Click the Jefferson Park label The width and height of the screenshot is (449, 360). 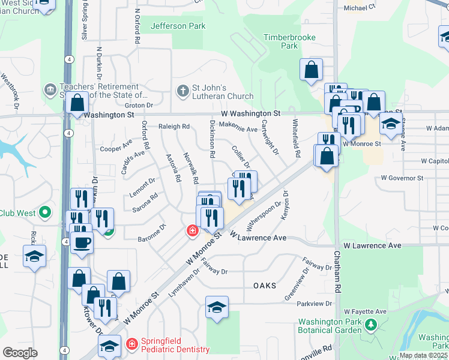pyautogui.click(x=178, y=26)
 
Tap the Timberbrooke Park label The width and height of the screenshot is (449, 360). pyautogui.click(x=281, y=41)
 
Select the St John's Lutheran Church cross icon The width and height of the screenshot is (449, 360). pyautogui.click(x=183, y=91)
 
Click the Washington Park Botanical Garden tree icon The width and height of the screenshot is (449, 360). pyautogui.click(x=371, y=325)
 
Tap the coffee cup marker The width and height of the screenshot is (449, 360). pyautogui.click(x=82, y=242)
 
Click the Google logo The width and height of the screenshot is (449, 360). pyautogui.click(x=20, y=352)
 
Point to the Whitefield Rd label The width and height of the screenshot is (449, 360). pyautogui.click(x=297, y=139)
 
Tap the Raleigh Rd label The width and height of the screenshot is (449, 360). pyautogui.click(x=173, y=127)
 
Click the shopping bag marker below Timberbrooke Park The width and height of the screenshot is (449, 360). pyautogui.click(x=312, y=70)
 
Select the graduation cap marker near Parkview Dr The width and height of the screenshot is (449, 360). pyautogui.click(x=217, y=307)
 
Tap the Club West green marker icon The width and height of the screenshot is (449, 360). pyautogui.click(x=44, y=212)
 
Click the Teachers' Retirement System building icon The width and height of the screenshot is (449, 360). pyautogui.click(x=50, y=91)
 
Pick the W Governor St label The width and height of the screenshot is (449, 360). pyautogui.click(x=402, y=178)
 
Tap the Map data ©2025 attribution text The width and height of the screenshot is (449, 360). pyautogui.click(x=423, y=355)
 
